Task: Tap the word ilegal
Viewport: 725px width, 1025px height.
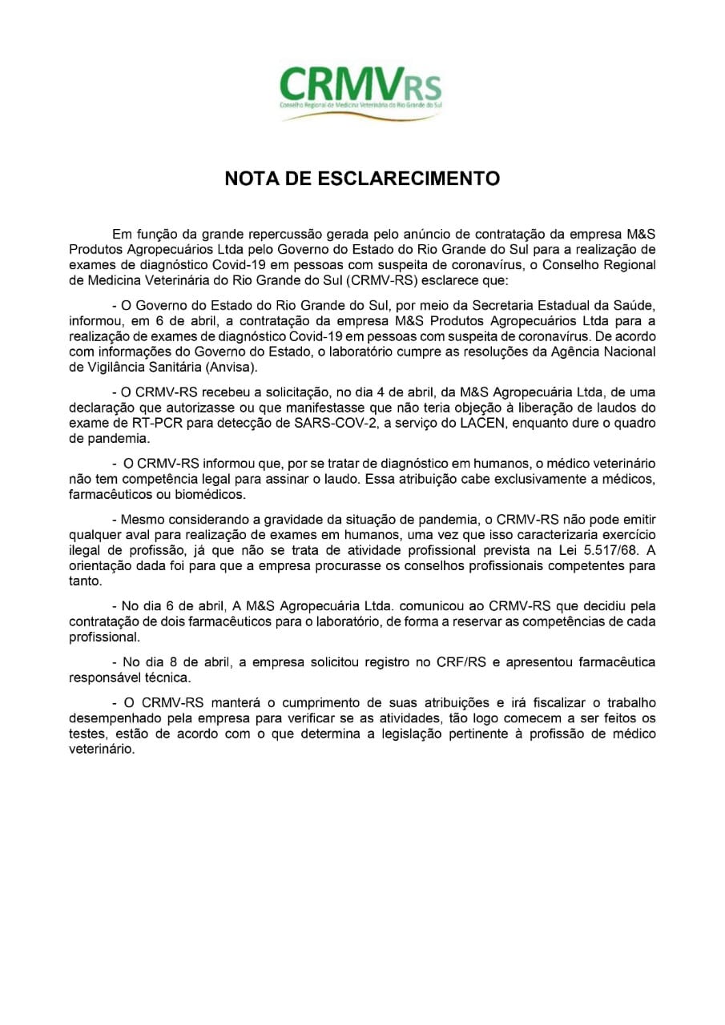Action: tap(84, 552)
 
